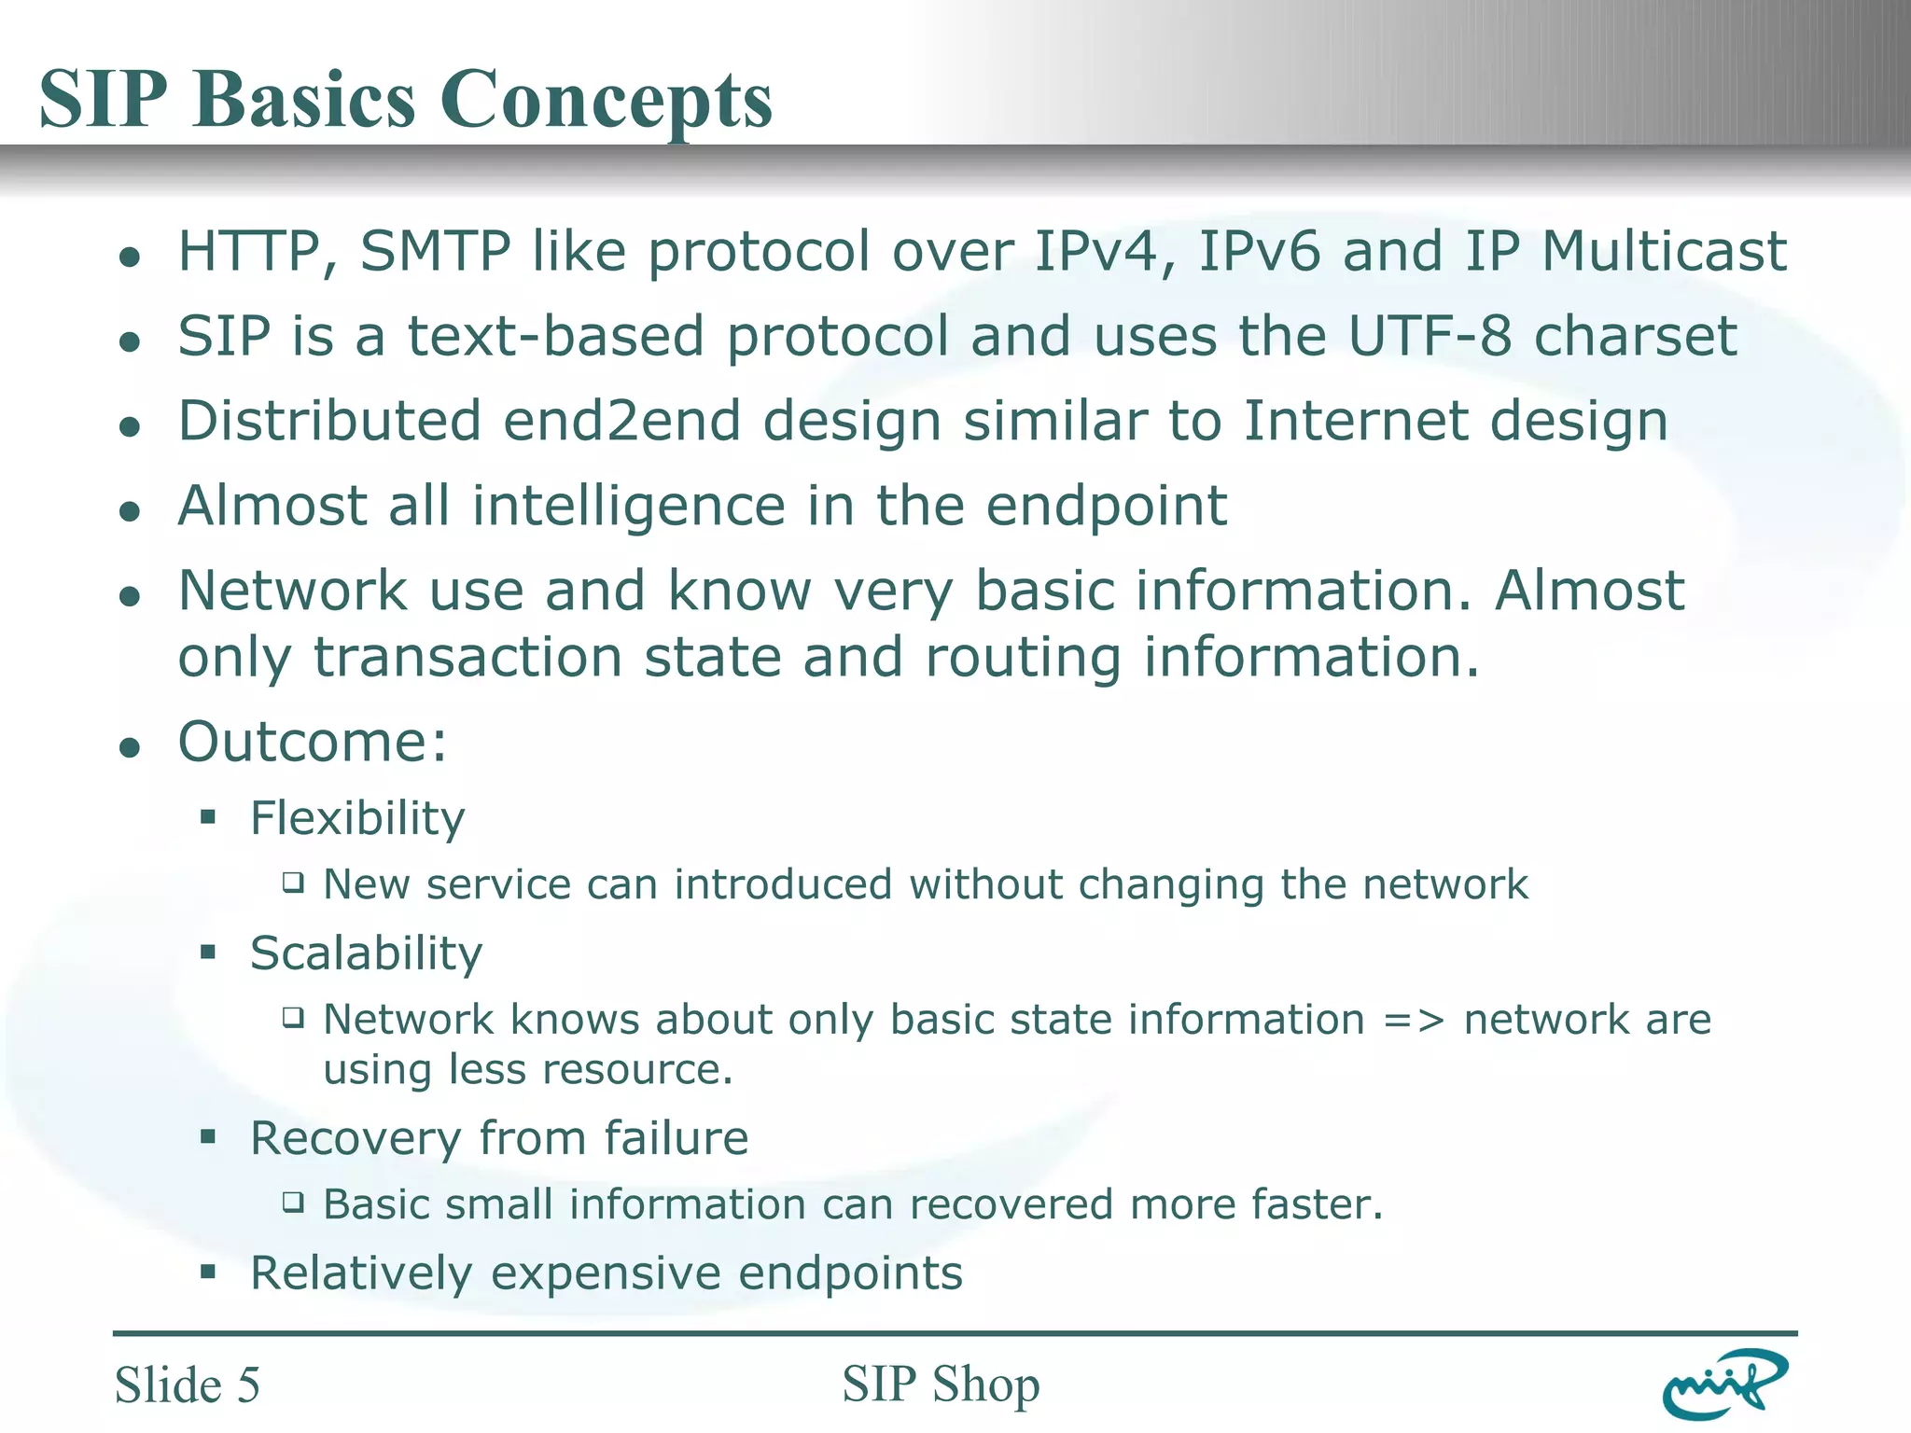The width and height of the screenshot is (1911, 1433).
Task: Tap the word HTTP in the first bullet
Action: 248,252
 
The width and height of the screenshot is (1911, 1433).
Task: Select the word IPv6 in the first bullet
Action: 1259,252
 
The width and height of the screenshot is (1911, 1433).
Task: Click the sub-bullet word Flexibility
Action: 357,819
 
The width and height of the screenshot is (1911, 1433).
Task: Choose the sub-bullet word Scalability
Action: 366,953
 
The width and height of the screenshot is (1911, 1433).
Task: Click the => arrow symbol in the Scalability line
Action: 1414,1020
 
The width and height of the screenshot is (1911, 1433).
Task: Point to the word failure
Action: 676,1138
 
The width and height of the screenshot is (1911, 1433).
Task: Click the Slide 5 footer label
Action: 187,1384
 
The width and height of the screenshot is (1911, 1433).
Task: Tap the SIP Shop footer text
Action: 940,1384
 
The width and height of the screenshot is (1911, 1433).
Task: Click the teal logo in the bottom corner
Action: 1724,1384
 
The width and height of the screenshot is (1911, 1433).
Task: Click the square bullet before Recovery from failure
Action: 208,1137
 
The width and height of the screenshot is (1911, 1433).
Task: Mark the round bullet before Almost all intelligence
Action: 131,510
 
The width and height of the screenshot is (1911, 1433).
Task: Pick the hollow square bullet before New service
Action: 294,883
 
